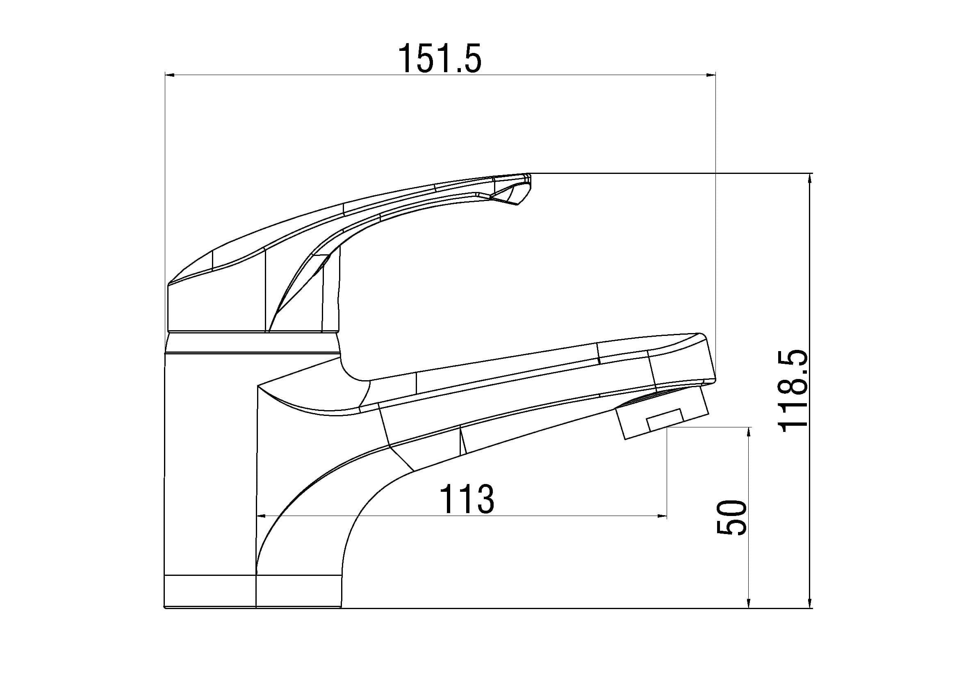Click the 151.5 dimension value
pos(440,59)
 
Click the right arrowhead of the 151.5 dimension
pos(711,75)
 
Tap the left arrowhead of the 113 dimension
pos(261,516)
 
